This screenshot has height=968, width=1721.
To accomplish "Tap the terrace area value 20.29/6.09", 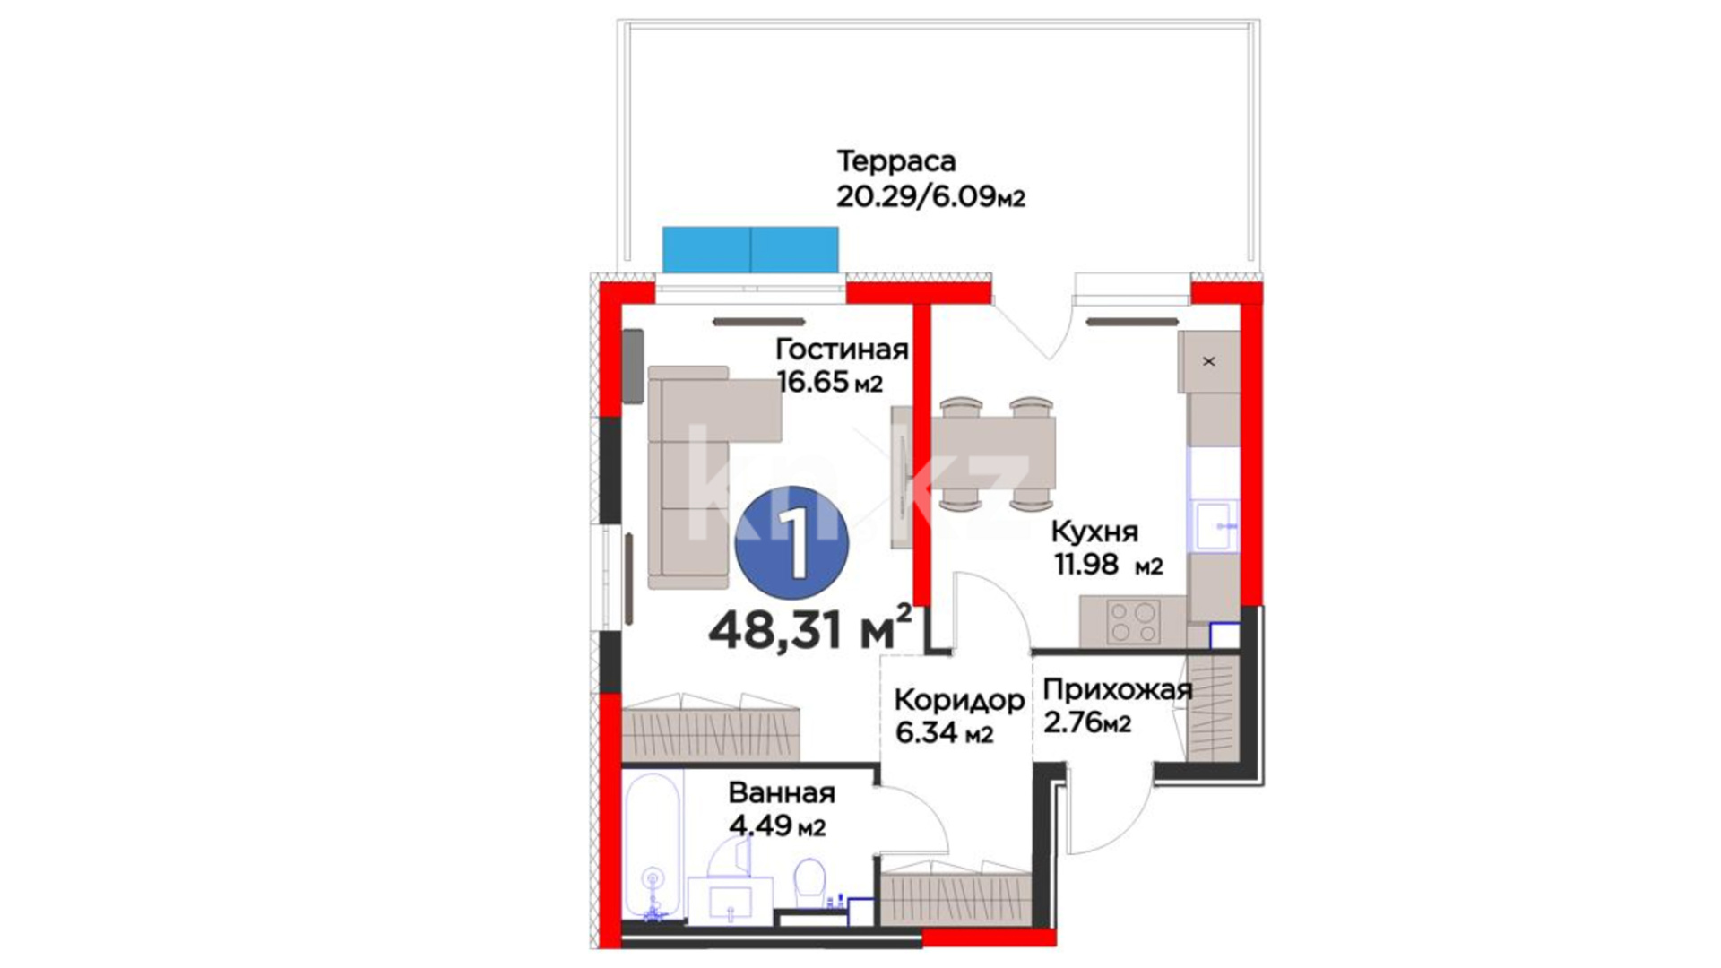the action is click(x=917, y=196).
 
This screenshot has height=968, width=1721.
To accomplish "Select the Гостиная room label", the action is click(x=842, y=349).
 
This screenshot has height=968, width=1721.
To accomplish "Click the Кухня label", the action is click(x=1094, y=532).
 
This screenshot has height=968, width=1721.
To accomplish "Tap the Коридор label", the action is click(x=959, y=700).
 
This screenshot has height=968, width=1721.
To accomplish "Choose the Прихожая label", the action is click(x=1118, y=689).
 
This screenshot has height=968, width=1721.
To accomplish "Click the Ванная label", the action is click(x=782, y=793).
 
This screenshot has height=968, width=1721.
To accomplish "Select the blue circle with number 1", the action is click(x=791, y=542).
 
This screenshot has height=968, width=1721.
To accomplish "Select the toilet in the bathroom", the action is click(x=810, y=883).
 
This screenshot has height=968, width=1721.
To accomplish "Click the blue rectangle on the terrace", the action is click(x=750, y=249).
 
